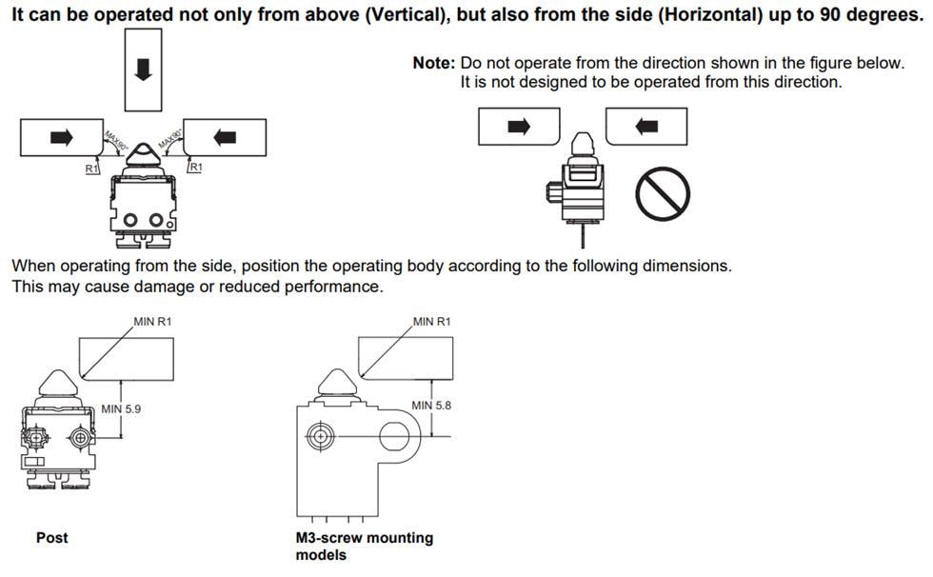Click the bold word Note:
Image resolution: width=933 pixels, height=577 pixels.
pyautogui.click(x=433, y=63)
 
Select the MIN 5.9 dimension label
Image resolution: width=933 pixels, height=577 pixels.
pyautogui.click(x=121, y=409)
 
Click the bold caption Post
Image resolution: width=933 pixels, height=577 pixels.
pyautogui.click(x=51, y=538)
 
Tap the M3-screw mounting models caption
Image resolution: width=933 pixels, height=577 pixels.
pyautogui.click(x=364, y=546)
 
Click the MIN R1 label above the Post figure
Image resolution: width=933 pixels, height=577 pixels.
pyautogui.click(x=152, y=322)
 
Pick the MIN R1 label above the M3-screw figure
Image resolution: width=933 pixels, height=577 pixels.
pyautogui.click(x=431, y=322)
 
